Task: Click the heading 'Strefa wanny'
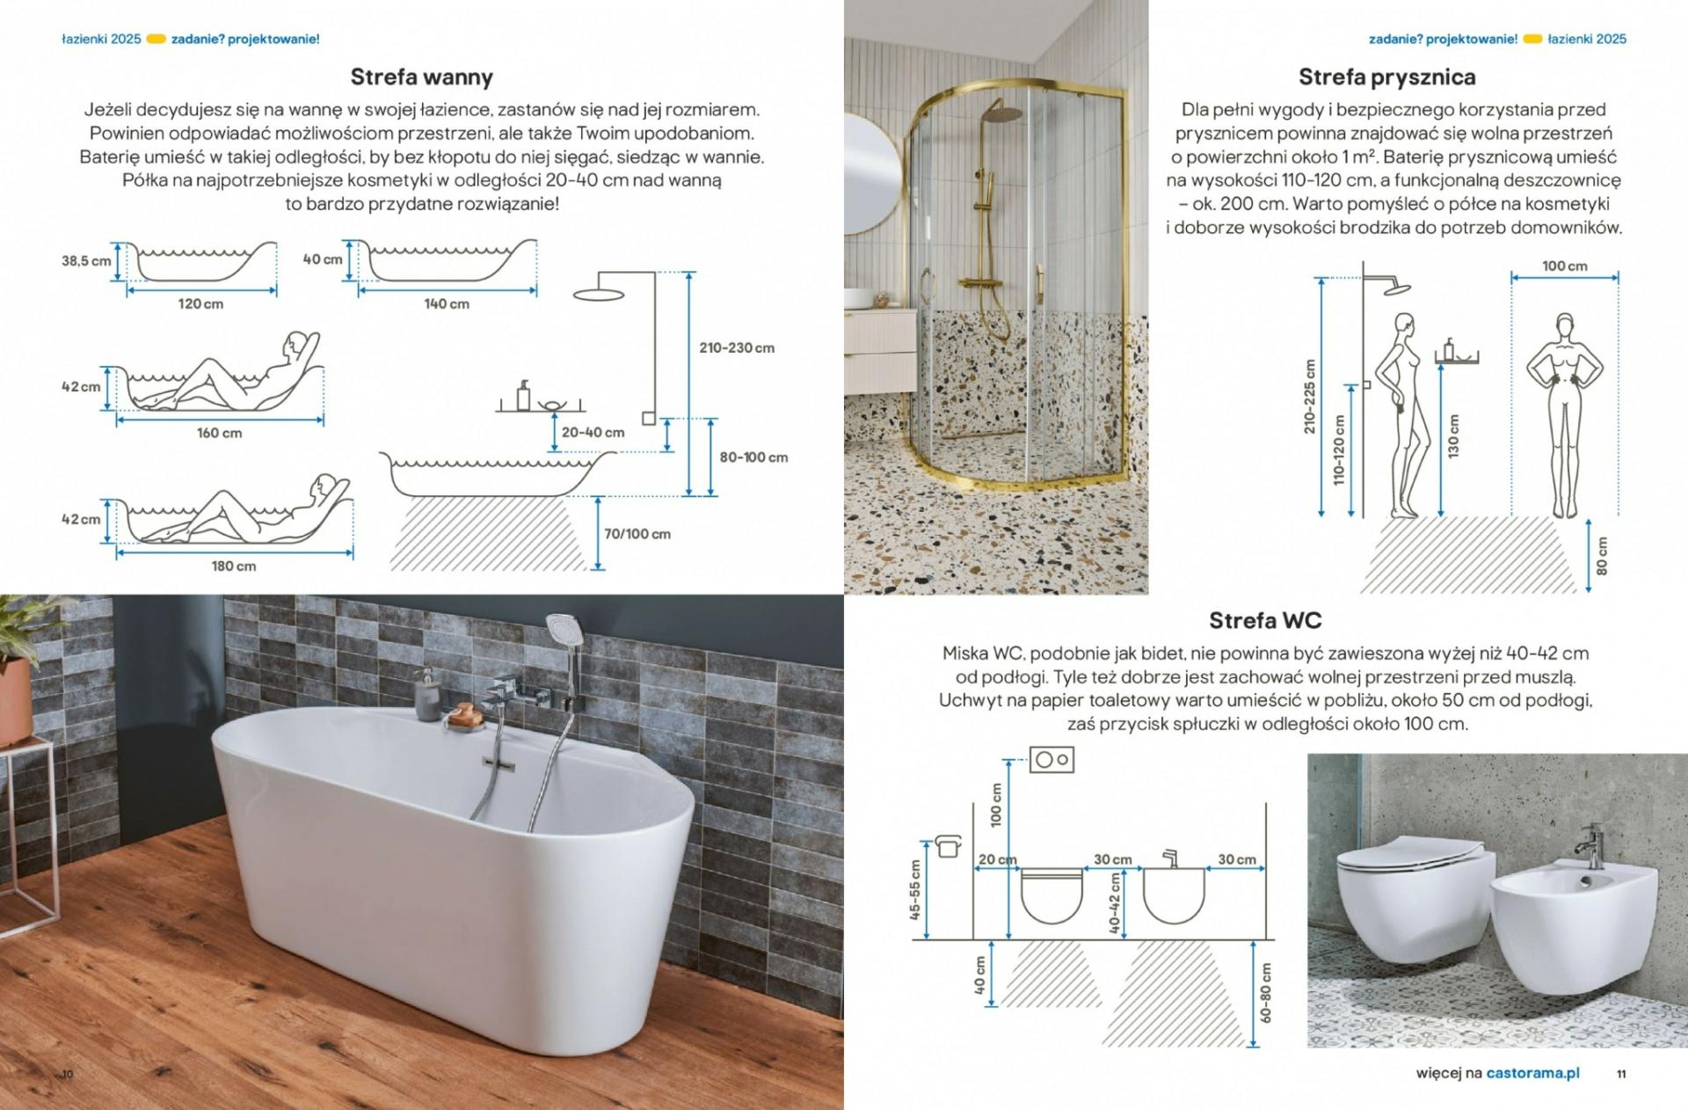click(421, 77)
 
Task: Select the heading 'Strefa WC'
click(1265, 620)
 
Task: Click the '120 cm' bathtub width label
click(200, 303)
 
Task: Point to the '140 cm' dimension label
click(447, 303)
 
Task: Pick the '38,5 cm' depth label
click(86, 260)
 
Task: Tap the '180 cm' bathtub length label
click(234, 566)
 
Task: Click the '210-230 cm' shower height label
click(737, 347)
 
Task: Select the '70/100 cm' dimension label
click(637, 534)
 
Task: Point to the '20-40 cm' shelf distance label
click(593, 432)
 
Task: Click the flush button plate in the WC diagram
click(1051, 759)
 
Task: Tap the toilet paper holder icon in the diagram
click(949, 845)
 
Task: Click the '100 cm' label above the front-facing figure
click(1565, 266)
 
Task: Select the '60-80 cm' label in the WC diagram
click(1266, 992)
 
